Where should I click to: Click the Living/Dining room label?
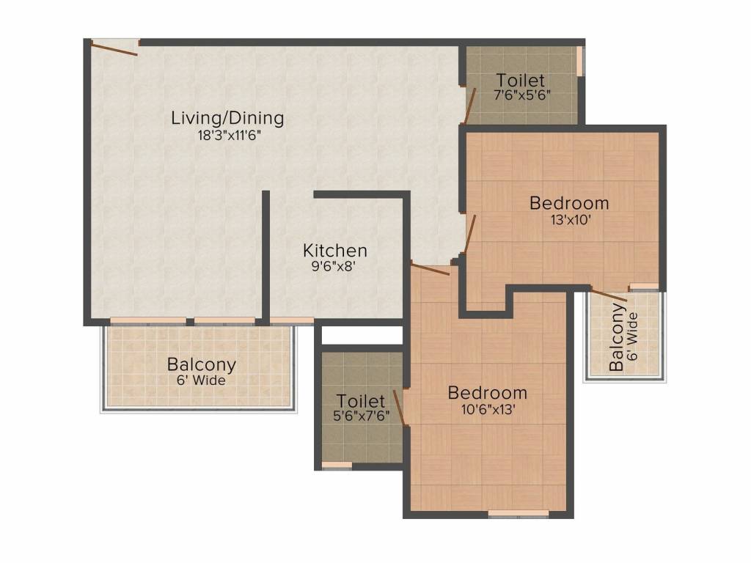point(227,118)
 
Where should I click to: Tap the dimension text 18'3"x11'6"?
point(229,136)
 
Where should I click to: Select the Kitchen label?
point(335,251)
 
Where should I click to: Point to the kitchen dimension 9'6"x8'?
point(334,266)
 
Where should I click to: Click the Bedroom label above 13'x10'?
point(569,203)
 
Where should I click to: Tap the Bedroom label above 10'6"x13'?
point(488,393)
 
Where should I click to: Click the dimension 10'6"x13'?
point(488,410)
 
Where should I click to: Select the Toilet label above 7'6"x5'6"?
point(521,79)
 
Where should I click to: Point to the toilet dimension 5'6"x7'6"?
point(361,416)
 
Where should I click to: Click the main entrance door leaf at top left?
point(114,49)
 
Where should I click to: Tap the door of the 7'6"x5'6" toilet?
point(470,106)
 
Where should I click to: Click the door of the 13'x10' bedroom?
point(470,234)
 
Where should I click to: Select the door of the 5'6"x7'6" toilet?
point(400,408)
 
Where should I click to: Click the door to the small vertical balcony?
point(609,295)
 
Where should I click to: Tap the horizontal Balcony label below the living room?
point(202,365)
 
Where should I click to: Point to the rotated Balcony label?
point(617,337)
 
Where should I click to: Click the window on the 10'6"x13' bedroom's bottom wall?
point(519,514)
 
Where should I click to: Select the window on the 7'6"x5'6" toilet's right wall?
point(580,61)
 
